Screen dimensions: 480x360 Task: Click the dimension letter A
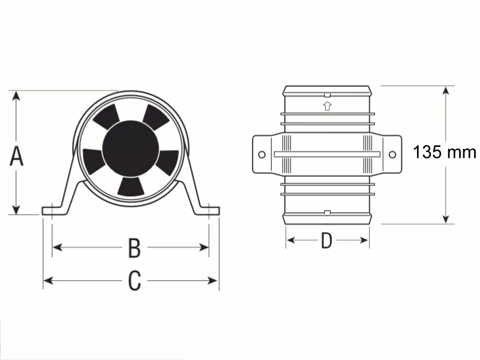tap(17, 156)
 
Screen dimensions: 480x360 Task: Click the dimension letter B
tap(134, 248)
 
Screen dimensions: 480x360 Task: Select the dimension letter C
tap(134, 280)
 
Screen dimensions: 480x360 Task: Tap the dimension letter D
tap(326, 241)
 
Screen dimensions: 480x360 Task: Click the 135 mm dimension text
tap(445, 152)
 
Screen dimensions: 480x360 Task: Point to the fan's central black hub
tap(131, 149)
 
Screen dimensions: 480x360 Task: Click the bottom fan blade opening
tap(131, 187)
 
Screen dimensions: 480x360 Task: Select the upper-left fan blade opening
tap(106, 116)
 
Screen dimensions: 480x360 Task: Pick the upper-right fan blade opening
tap(156, 116)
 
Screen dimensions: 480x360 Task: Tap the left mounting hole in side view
tap(262, 155)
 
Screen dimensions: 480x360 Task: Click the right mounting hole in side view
tap(392, 155)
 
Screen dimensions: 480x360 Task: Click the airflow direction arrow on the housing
tap(327, 106)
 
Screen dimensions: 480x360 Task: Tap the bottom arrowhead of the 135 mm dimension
tap(446, 218)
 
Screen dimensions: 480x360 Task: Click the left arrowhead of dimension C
tap(49, 280)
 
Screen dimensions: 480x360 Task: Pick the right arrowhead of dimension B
tap(204, 247)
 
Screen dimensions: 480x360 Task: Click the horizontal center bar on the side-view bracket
tap(327, 154)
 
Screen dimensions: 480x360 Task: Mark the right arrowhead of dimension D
tap(364, 240)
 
